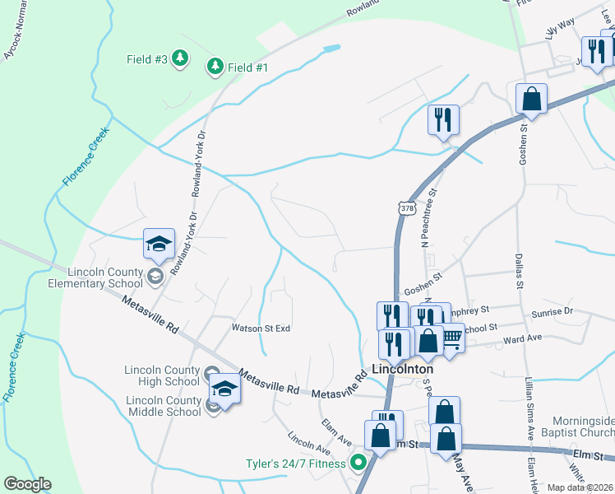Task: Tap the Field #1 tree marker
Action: [215, 67]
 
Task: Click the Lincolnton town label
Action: [402, 370]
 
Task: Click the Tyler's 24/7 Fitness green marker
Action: [358, 463]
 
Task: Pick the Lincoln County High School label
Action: [163, 375]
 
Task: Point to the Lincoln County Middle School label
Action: [164, 406]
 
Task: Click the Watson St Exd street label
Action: [261, 328]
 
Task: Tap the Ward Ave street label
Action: [522, 338]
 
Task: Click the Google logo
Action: [27, 484]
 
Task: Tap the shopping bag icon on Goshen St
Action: [532, 100]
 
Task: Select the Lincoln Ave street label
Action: [309, 445]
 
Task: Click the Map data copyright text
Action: [580, 487]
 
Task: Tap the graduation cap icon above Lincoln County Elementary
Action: [159, 243]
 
